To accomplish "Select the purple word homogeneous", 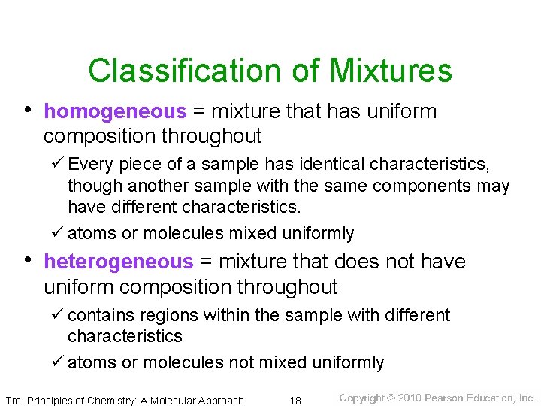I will [x=114, y=112].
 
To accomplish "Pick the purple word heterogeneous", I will [x=118, y=262].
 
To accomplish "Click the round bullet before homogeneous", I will [x=28, y=110].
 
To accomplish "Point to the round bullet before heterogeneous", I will [x=28, y=260].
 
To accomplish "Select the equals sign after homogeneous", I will [x=198, y=112].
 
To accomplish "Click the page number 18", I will [x=296, y=400].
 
